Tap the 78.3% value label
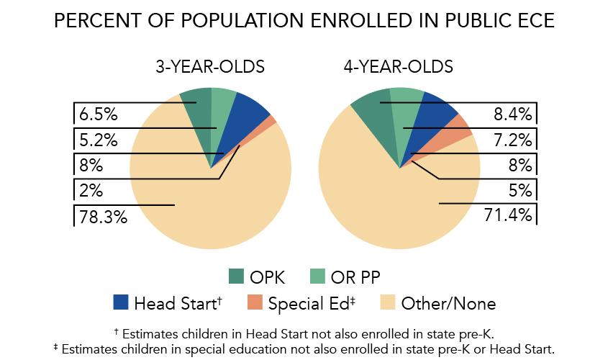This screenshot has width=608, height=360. coord(101,215)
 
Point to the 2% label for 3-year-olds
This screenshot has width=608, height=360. coord(91,190)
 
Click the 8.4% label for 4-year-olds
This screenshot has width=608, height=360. coord(512,114)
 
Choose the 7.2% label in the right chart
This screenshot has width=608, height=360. coord(512,139)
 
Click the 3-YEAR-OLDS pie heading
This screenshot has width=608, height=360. coord(210,68)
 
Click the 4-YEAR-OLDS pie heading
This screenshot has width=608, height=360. coord(399,68)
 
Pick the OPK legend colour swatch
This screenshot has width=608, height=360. coord(236,276)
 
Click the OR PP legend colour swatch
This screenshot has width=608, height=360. coord(321,276)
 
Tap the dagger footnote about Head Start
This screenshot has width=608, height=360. coord(304,334)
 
